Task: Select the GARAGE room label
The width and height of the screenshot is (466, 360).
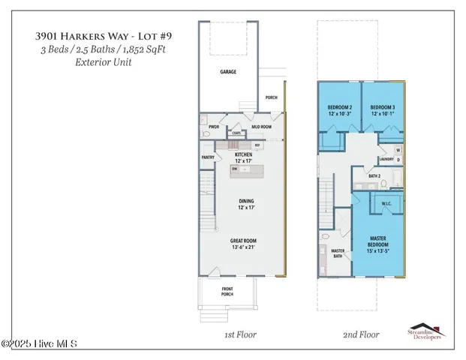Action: (228, 73)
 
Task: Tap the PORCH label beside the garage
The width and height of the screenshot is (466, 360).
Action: (271, 97)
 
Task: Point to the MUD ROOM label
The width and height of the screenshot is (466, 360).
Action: (261, 127)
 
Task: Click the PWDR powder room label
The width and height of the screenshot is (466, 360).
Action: (214, 127)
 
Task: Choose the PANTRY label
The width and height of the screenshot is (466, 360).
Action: (209, 157)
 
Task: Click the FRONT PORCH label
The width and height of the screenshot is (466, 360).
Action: (227, 291)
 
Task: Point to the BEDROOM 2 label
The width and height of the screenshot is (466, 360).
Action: (341, 108)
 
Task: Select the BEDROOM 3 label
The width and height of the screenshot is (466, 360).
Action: (383, 108)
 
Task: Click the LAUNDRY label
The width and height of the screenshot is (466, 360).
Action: (386, 159)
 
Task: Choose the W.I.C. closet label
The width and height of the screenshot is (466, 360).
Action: (386, 204)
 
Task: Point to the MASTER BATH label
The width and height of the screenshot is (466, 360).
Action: (338, 253)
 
